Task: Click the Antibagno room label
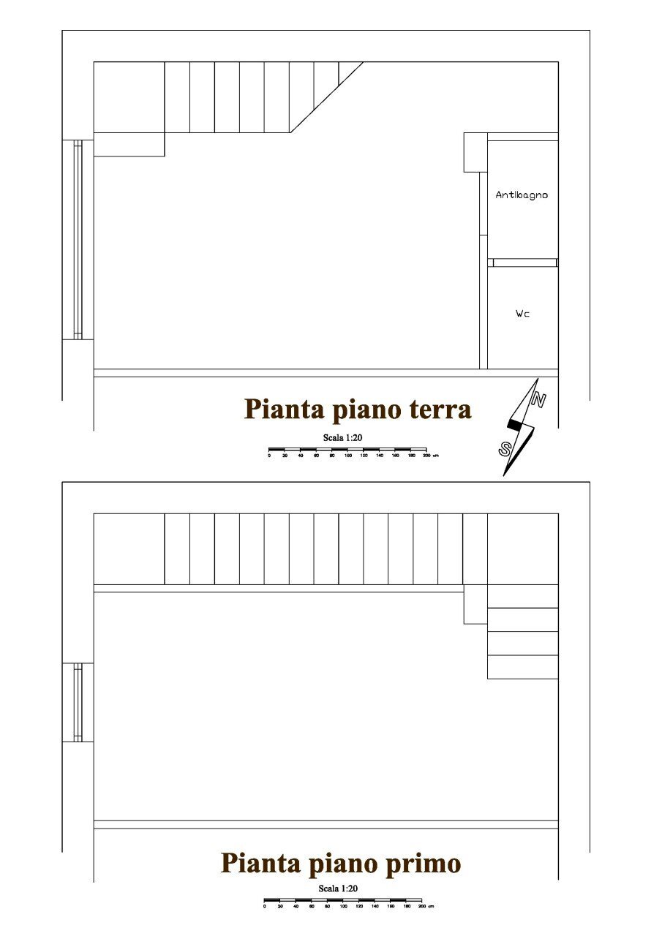point(522,195)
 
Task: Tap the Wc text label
point(522,314)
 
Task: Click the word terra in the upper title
point(439,409)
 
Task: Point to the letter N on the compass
point(538,400)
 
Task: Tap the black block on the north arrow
point(515,424)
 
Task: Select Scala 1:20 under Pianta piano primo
point(338,888)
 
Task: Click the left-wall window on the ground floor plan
point(78,239)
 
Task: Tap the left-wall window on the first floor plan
point(78,702)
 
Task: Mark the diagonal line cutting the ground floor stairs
point(326,97)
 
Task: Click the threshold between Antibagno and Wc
point(523,263)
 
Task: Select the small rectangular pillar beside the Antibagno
point(475,152)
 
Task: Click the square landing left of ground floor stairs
point(129,97)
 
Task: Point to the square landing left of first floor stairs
point(129,548)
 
